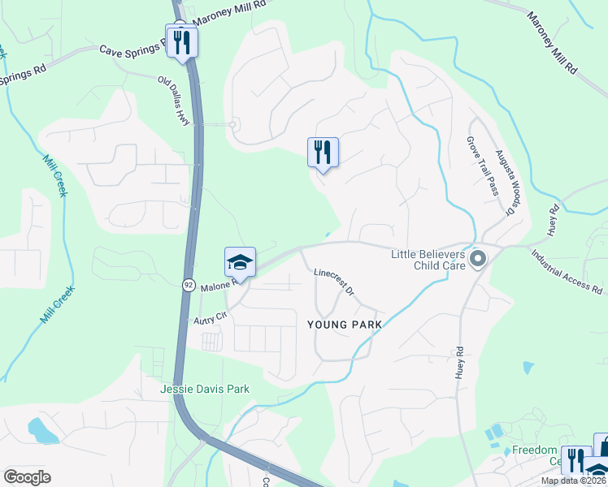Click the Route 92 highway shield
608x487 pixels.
[189, 285]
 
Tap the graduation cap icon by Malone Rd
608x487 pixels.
[240, 262]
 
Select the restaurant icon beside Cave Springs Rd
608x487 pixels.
[181, 41]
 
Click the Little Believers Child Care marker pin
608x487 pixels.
[478, 260]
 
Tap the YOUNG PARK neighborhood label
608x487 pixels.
[344, 324]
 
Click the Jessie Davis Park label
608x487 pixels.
[205, 389]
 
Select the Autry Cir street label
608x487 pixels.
[208, 321]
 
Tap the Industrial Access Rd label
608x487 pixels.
[569, 273]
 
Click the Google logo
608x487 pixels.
[27, 477]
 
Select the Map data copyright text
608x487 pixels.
[574, 481]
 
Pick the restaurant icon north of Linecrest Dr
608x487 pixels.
[323, 152]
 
